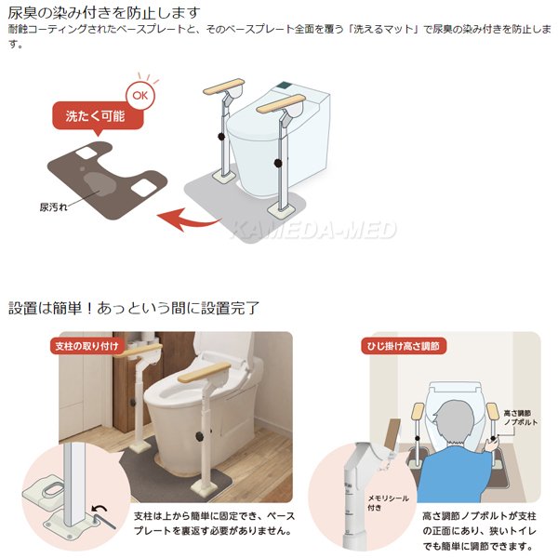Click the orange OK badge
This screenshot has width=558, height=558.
pos(139,94)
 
